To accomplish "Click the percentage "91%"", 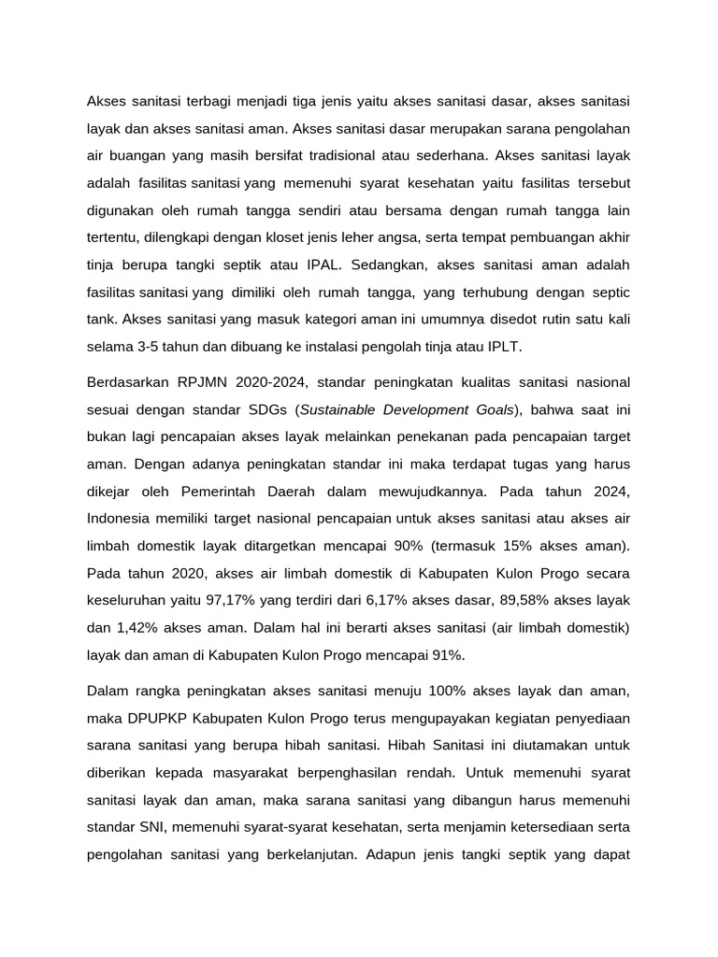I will pyautogui.click(x=444, y=654).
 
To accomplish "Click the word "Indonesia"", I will pyautogui.click(x=122, y=518).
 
